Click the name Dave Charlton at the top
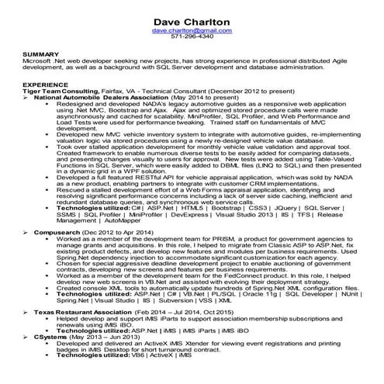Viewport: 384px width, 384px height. [192, 19]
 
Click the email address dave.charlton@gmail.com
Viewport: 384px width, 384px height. [192, 29]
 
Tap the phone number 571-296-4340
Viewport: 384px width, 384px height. [192, 36]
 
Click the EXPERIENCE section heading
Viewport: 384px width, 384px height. [43, 84]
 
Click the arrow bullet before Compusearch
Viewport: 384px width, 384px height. [26, 232]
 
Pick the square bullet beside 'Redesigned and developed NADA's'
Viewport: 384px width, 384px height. [49, 104]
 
